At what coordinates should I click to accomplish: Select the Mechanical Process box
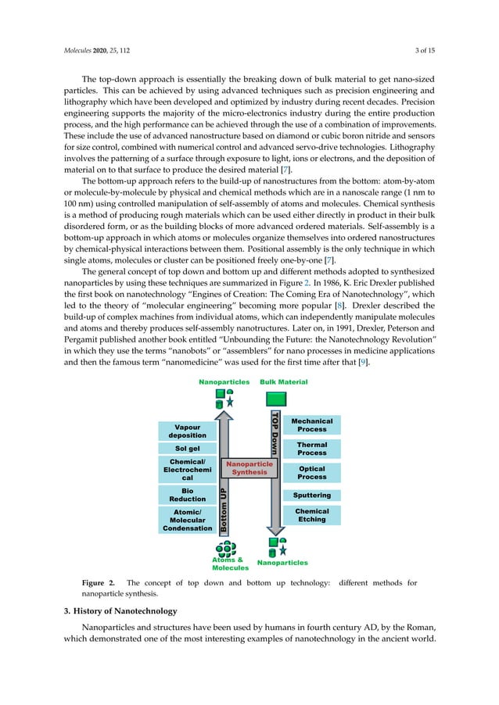311,425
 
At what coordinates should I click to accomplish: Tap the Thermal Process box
311,449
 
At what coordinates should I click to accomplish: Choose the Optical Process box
311,473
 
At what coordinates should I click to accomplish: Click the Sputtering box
311,495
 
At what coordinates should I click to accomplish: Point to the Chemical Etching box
311,515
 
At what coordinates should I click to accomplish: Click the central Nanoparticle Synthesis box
249,468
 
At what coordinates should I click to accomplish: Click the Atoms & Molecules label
229,564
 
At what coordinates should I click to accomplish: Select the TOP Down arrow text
275,433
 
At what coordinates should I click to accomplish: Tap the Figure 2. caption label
99,583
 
